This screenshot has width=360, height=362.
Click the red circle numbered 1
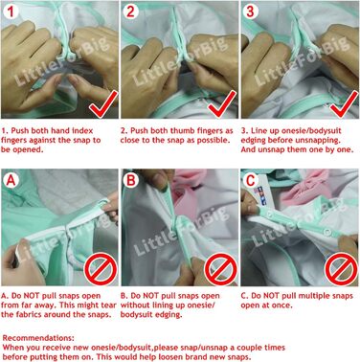click(11, 11)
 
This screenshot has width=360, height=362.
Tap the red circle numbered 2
click(130, 11)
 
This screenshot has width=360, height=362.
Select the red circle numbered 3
click(250, 11)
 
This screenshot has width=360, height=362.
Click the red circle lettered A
click(11, 180)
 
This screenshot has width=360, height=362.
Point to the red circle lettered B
click(131, 180)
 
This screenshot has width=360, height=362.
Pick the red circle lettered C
click(251, 180)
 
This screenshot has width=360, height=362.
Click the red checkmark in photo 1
click(102, 104)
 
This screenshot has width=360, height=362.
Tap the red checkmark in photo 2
click(222, 104)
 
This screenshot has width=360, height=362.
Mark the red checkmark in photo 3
click(344, 104)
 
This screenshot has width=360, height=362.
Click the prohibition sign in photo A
click(101, 269)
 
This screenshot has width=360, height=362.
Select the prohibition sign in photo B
click(221, 269)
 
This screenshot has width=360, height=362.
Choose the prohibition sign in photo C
click(341, 269)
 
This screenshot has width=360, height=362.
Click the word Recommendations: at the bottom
click(38, 338)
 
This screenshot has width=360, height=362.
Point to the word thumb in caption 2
click(181, 131)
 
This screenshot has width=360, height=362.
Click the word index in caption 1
click(82, 131)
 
